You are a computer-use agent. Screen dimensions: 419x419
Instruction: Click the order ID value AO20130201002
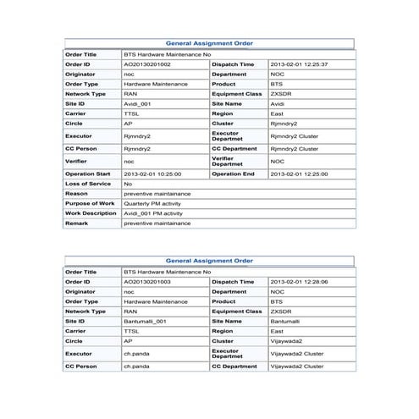click(147, 64)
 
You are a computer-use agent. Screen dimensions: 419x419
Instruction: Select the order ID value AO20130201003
click(147, 281)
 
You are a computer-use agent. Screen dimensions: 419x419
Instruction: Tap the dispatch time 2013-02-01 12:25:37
click(298, 64)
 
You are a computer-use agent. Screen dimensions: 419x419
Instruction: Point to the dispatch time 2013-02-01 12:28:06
click(298, 281)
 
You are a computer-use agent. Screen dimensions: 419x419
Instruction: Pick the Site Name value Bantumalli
click(288, 322)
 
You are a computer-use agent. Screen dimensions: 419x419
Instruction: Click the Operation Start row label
click(89, 174)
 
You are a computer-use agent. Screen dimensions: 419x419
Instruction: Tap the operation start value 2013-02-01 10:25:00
click(152, 174)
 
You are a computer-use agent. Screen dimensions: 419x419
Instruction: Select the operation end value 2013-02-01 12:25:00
click(298, 174)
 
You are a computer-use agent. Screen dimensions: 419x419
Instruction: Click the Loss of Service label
click(88, 184)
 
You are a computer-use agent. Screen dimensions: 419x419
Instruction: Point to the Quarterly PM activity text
click(152, 204)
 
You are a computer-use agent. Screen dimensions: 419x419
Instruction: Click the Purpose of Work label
click(91, 204)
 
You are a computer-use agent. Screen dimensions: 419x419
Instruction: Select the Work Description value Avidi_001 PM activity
click(152, 213)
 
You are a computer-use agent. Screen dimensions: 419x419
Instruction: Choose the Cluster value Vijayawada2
click(289, 341)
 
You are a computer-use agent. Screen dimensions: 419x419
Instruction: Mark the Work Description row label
click(91, 213)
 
